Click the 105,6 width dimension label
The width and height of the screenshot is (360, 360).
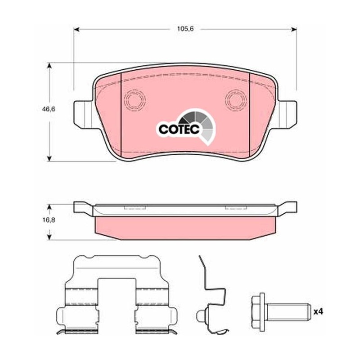(185, 29)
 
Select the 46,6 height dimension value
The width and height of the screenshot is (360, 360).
(49, 109)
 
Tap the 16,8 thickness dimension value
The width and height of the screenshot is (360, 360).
(49, 220)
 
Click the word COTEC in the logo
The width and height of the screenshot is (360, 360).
(179, 129)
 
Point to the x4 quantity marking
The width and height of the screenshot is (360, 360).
(318, 311)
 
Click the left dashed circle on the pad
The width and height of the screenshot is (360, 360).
(135, 100)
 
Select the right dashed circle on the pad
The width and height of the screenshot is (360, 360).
(236, 100)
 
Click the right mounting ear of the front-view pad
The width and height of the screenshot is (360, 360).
(287, 115)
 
